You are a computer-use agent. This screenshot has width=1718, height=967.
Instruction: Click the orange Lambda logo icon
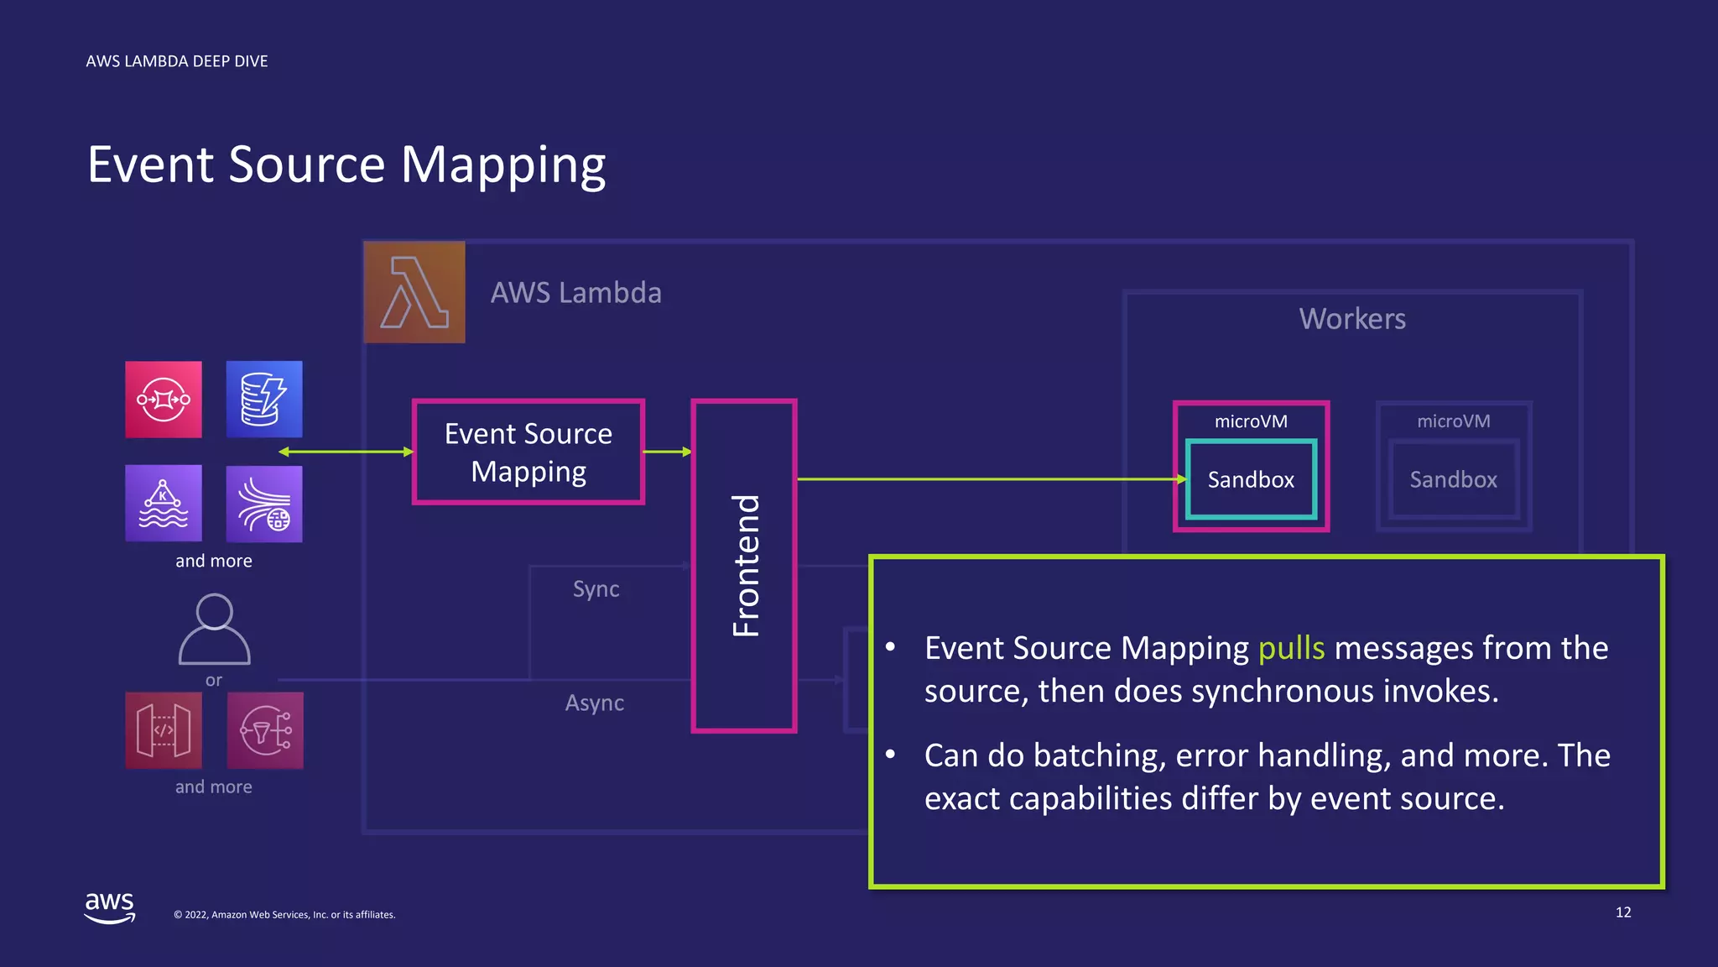[x=414, y=292]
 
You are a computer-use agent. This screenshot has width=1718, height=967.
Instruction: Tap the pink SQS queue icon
[x=164, y=400]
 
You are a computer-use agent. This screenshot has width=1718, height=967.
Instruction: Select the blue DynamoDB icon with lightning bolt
[x=264, y=400]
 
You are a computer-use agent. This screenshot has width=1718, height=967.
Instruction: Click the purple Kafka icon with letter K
[x=164, y=503]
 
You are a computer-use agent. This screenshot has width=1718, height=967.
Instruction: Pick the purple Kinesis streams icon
[x=264, y=504]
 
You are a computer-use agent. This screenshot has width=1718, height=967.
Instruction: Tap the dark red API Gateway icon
[x=164, y=730]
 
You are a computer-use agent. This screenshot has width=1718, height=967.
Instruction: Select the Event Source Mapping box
[x=528, y=452]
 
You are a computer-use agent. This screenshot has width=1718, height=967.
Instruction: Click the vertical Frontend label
[x=745, y=565]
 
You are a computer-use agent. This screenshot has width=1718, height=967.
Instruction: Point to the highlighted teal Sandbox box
[x=1251, y=479]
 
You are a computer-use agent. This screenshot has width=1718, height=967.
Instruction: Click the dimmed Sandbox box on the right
[x=1453, y=479]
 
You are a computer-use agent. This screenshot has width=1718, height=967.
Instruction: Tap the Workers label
[x=1352, y=319]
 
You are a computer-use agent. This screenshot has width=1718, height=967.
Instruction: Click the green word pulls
[x=1291, y=648]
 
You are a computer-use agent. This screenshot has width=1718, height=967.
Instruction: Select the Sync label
[x=596, y=589]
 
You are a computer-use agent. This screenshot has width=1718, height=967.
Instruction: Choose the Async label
[x=594, y=703]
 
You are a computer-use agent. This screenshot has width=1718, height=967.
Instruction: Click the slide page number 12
[x=1623, y=912]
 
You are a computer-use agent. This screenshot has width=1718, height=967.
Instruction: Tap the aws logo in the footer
[x=110, y=907]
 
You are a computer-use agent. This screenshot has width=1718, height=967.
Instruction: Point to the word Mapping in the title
[x=503, y=165]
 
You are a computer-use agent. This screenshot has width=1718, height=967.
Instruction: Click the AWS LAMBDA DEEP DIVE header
[x=177, y=61]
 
